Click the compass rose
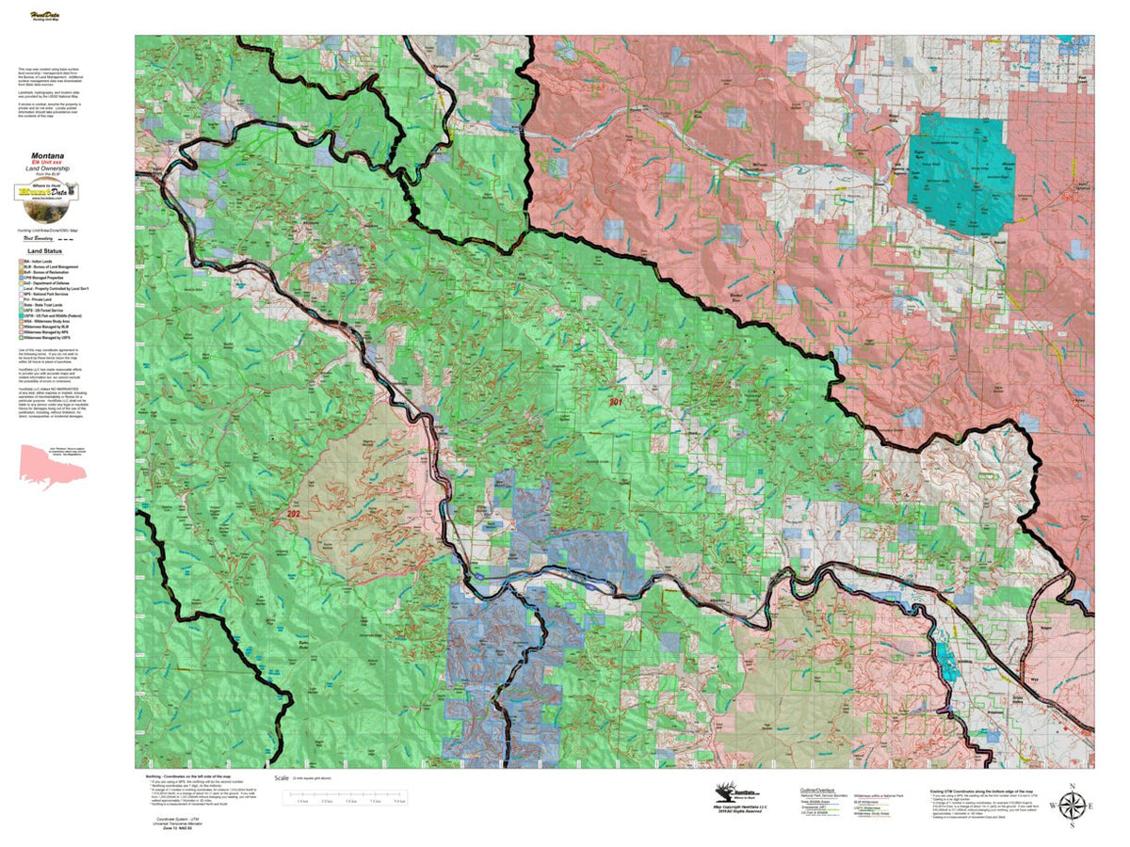click(1072, 806)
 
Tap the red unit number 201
click(617, 402)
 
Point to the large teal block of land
click(960, 174)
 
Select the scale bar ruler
click(345, 798)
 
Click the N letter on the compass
click(1072, 785)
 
